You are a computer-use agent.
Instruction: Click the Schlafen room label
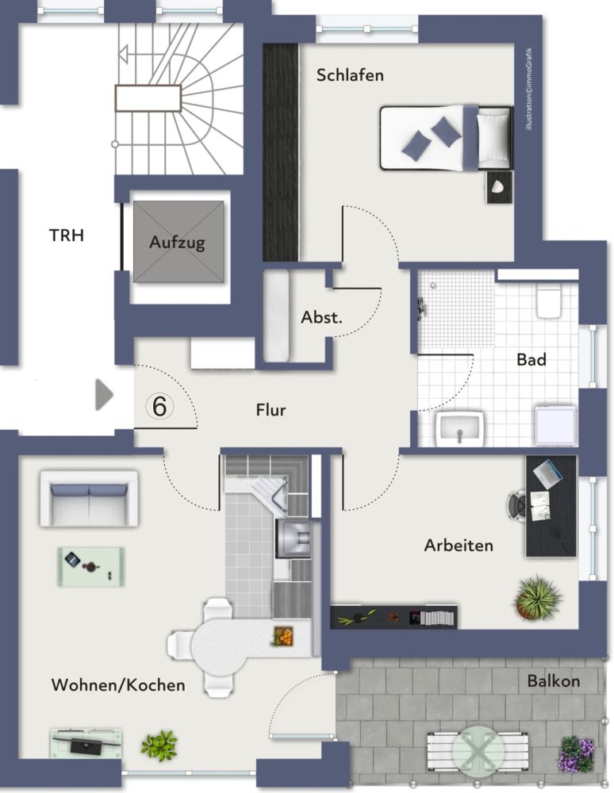pos(350,75)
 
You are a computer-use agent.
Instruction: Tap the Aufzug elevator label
pos(177,242)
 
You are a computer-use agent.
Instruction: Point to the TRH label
pos(67,236)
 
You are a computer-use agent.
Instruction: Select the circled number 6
pos(159,406)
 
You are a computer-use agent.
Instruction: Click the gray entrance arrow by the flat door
pos(104,394)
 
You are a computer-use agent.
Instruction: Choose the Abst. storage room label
pos(321,317)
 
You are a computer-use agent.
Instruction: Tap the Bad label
pos(531,359)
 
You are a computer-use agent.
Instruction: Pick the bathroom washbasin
pos(460,428)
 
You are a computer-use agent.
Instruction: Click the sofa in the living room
pos(89,499)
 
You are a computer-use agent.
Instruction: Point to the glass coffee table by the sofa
pos(91,567)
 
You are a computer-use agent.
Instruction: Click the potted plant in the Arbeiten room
pos(536,597)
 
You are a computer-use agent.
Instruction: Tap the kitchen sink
pos(293,539)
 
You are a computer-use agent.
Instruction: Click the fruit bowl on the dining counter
pos(282,636)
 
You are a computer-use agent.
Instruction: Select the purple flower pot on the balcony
pos(577,753)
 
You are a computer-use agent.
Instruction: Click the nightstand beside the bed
pos(500,187)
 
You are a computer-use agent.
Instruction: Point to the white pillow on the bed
pos(493,138)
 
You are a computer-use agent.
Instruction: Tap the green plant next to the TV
pos(159,745)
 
